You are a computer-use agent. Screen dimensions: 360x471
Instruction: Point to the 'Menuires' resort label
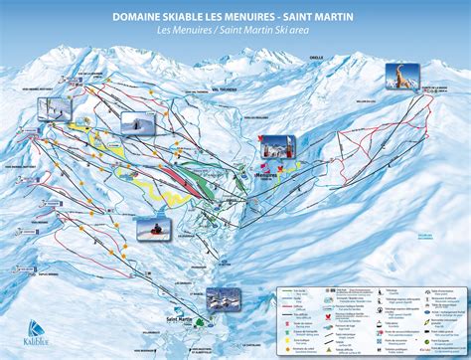tap(265, 172)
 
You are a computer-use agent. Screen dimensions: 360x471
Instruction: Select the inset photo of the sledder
tap(154, 229)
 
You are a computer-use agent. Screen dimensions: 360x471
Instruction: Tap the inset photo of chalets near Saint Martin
tap(220, 299)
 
